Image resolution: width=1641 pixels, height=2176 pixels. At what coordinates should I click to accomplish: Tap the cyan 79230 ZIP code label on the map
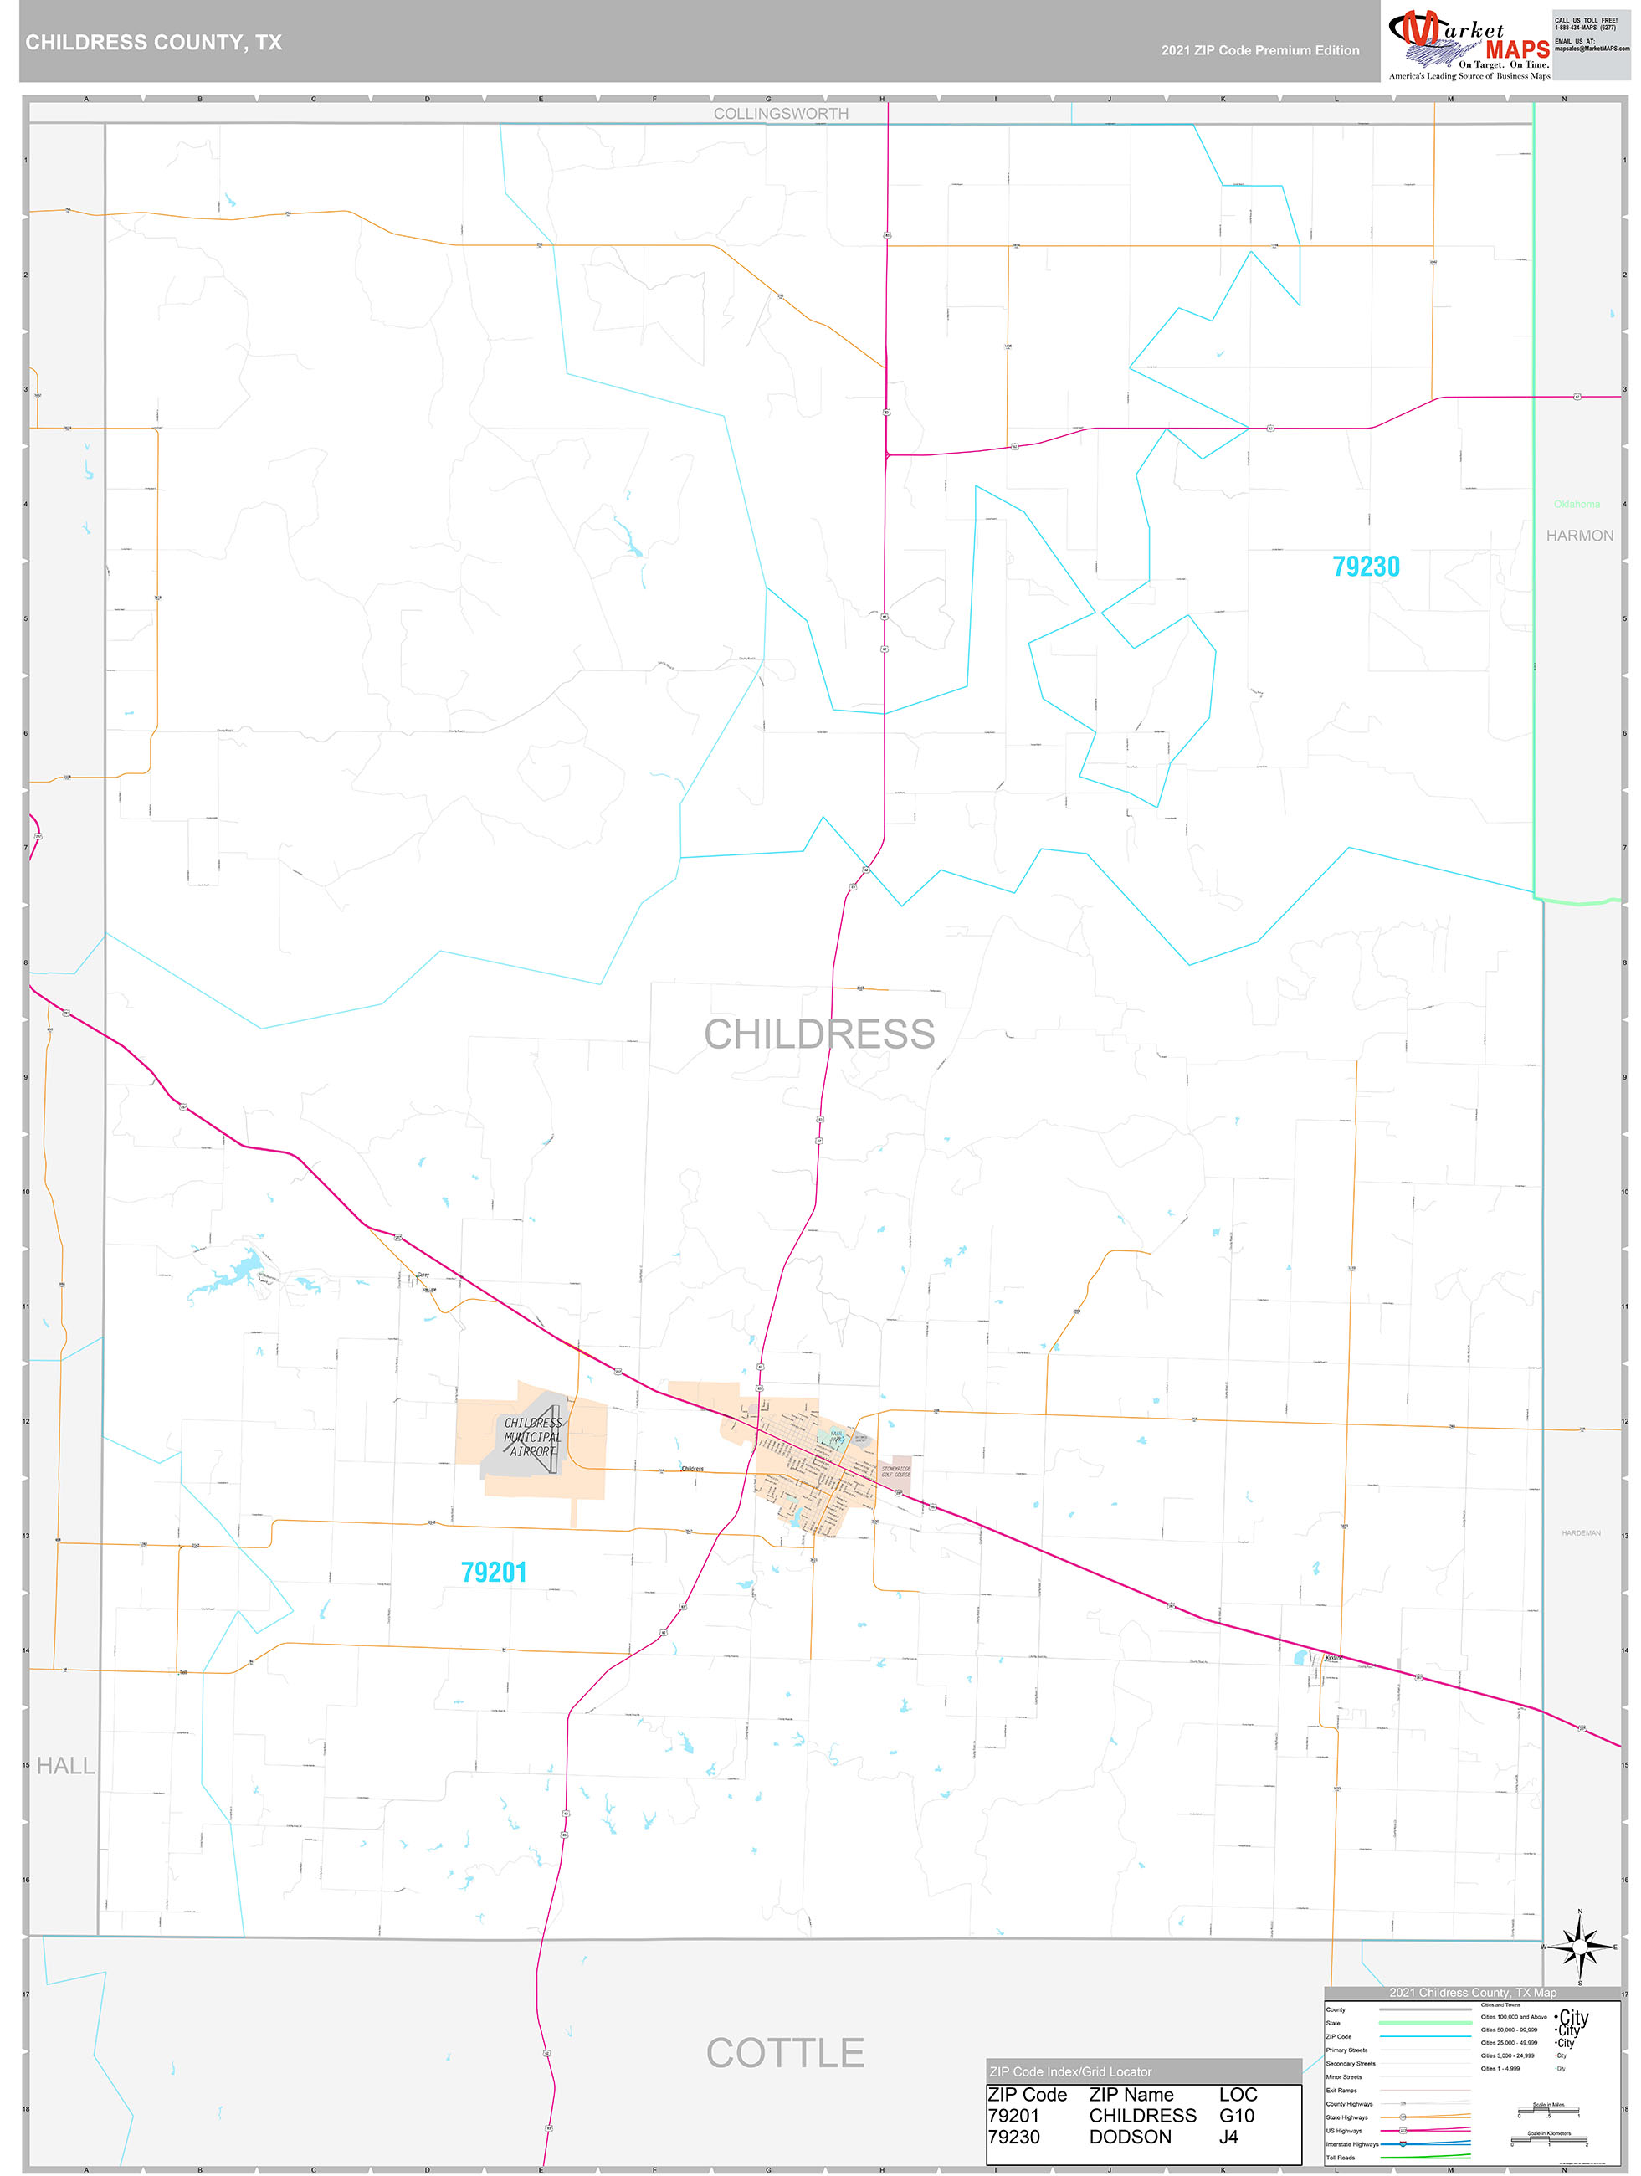click(1366, 567)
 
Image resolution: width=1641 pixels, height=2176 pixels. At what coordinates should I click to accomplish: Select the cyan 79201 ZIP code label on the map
click(494, 1572)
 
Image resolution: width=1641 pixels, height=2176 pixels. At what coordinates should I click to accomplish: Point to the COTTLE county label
click(785, 2053)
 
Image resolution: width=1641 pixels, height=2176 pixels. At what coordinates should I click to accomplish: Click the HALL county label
click(66, 1766)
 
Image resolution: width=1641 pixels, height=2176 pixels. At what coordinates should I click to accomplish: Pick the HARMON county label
click(1579, 536)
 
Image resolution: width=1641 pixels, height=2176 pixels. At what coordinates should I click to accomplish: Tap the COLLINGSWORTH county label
click(781, 114)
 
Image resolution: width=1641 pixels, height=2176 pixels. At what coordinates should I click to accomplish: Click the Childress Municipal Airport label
click(532, 1436)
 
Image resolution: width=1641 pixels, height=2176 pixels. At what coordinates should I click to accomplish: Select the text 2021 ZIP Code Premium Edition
click(1260, 50)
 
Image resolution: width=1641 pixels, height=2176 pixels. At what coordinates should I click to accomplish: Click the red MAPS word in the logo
click(1517, 49)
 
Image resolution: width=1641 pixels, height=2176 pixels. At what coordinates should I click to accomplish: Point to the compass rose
click(1580, 1947)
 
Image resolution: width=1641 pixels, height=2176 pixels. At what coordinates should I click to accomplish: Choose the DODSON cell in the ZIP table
click(1130, 2137)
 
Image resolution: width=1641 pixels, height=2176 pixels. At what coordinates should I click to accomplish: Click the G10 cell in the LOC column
click(1237, 2116)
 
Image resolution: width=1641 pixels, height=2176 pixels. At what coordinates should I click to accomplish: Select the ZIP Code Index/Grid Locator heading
click(1070, 2071)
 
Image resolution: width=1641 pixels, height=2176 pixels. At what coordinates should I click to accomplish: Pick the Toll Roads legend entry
click(1340, 2158)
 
